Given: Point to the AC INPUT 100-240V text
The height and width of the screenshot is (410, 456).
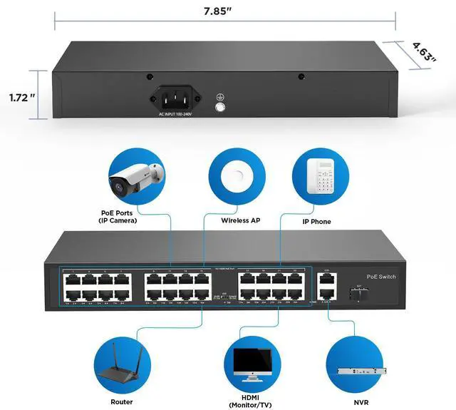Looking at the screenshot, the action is point(175,114).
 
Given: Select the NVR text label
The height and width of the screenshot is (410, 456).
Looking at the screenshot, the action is point(353,401).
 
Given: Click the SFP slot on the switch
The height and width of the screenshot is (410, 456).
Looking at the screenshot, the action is point(356,292).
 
